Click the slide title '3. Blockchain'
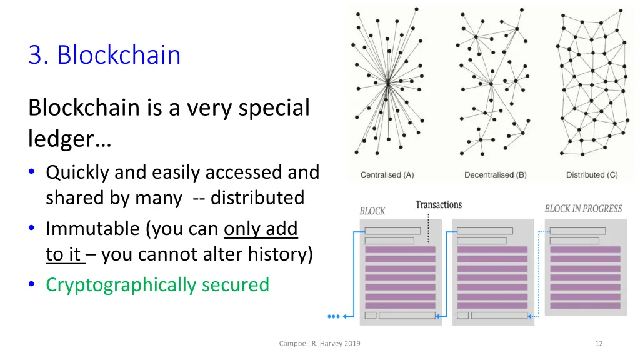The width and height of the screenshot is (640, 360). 104,56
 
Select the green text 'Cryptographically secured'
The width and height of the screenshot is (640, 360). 157,285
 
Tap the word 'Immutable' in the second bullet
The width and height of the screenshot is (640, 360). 94,229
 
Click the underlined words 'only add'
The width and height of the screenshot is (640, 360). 261,229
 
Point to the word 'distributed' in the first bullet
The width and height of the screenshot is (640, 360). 257,198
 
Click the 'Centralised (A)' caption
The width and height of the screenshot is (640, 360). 387,175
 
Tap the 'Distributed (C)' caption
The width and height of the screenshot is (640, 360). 592,175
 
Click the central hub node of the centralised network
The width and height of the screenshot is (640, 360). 388,82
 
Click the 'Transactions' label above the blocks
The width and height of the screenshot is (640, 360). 439,205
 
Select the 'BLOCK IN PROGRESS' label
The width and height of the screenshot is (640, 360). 583,209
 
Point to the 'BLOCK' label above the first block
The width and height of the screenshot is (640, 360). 372,211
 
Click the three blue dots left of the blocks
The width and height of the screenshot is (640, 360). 334,317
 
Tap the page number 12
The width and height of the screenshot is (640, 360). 599,343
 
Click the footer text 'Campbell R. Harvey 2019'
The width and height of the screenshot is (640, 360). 320,343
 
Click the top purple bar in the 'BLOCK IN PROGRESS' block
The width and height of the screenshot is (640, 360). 584,249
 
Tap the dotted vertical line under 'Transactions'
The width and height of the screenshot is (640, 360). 428,229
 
